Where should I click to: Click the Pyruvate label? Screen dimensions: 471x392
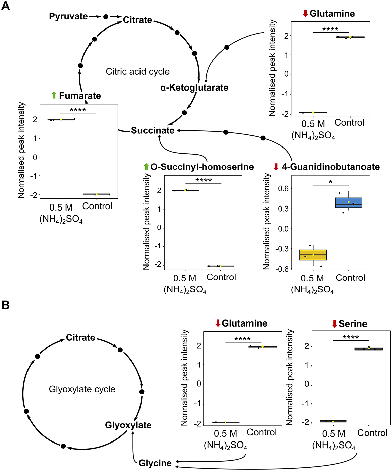68,16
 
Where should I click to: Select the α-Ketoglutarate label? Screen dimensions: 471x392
194,88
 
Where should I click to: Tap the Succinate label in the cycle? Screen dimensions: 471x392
153,130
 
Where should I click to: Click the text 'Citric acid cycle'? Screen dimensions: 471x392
137,72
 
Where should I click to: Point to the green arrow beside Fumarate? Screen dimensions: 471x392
54,95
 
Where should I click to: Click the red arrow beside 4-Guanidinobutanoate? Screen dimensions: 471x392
276,167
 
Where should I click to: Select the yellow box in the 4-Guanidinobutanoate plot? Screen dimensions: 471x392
313,255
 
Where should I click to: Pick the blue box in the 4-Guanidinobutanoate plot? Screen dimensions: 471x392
349,203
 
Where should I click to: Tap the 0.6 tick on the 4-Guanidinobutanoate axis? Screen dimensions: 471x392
283,189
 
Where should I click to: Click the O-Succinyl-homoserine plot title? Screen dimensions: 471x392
202,167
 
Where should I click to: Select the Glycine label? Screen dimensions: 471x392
155,463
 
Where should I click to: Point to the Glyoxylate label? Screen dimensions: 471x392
128,425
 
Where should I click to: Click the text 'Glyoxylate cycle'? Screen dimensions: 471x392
82,389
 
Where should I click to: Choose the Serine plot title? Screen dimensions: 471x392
353,324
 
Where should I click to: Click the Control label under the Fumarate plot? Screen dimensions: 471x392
97,206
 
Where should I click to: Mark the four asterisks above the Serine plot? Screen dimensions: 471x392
351,337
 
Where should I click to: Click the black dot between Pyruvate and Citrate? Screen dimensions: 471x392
106,16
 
